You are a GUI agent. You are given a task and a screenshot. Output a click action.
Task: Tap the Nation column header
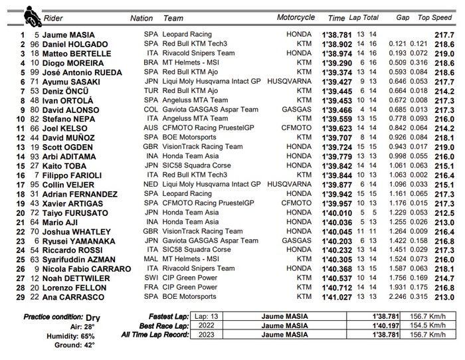[141, 19]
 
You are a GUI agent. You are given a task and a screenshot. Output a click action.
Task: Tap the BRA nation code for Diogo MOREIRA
[150, 62]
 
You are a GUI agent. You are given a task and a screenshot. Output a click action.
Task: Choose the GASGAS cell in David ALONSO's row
[297, 109]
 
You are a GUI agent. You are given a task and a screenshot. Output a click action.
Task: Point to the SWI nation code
[150, 278]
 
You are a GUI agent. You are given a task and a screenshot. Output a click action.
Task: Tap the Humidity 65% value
[88, 335]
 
